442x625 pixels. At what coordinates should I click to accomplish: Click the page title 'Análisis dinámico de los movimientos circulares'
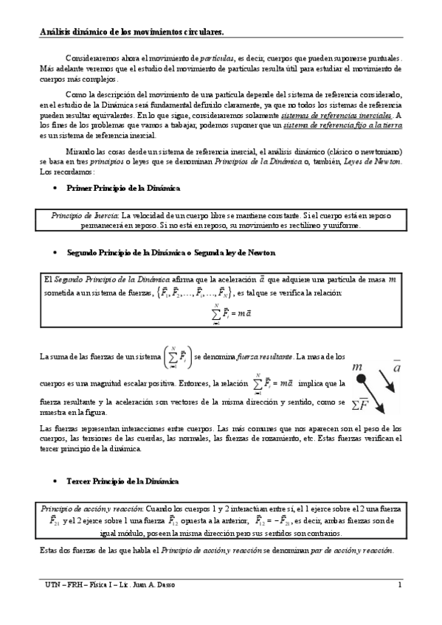[x=131, y=32]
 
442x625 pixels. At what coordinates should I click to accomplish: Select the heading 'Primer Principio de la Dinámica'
[x=123, y=189]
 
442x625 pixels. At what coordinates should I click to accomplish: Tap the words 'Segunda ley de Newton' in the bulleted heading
[x=235, y=253]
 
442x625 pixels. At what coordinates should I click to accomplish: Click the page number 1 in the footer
[x=398, y=585]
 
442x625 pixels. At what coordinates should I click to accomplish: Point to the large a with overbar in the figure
[x=396, y=366]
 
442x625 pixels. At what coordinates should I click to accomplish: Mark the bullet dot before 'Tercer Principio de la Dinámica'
[x=58, y=481]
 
